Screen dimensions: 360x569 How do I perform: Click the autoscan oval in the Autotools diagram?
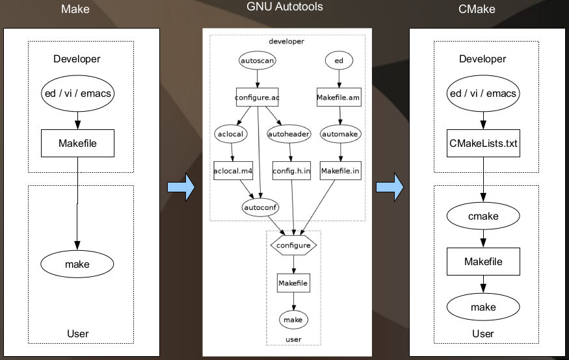[x=258, y=60]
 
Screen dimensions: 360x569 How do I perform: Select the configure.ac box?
[x=258, y=97]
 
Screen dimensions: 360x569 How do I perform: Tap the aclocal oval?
[x=230, y=133]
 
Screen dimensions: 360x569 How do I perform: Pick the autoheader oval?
[x=289, y=133]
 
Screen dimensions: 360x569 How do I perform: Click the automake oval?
[x=340, y=133]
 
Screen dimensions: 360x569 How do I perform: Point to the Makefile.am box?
[x=338, y=97]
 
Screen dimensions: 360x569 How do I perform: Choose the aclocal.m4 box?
[x=233, y=170]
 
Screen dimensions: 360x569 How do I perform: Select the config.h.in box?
[x=292, y=170]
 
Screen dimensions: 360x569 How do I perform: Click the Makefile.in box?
[x=341, y=170]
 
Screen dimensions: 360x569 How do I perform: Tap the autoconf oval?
[x=260, y=208]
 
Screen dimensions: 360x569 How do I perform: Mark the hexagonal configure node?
[x=293, y=245]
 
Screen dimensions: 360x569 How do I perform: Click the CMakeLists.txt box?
[x=483, y=143]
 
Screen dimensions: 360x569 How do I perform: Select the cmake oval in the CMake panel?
[x=483, y=216]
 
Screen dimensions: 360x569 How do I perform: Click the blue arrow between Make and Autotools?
[x=181, y=188]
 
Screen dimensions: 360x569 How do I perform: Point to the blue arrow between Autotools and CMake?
[x=390, y=188]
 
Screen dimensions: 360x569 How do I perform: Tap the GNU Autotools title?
[x=284, y=7]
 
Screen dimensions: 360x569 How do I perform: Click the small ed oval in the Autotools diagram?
[x=338, y=60]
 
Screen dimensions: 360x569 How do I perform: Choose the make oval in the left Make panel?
[x=77, y=264]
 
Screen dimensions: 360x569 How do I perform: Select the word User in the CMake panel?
[x=483, y=334]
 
